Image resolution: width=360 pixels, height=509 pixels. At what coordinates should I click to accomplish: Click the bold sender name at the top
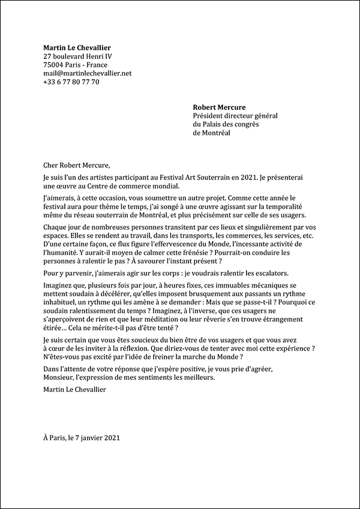coord(77,48)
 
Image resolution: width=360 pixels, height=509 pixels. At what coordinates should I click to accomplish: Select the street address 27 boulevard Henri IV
coord(77,56)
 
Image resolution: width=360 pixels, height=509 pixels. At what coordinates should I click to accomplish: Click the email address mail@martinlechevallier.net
coord(87,73)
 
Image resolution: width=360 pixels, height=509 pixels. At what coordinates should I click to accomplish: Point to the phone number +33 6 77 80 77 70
coord(71,82)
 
